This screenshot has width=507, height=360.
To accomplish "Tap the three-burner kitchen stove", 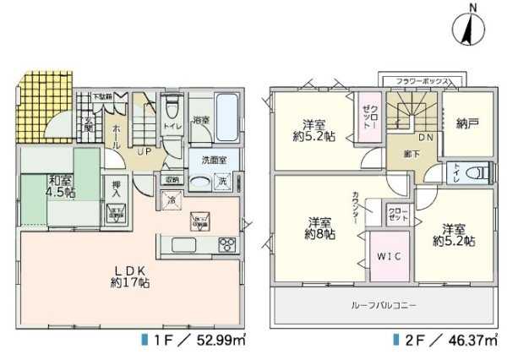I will pyautogui.click(x=228, y=245).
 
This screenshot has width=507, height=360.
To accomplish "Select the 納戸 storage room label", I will pyautogui.click(x=467, y=123).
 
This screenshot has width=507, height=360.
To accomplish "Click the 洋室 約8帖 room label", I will pyautogui.click(x=319, y=228).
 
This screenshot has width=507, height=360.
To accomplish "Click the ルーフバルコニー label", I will pyautogui.click(x=385, y=304).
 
